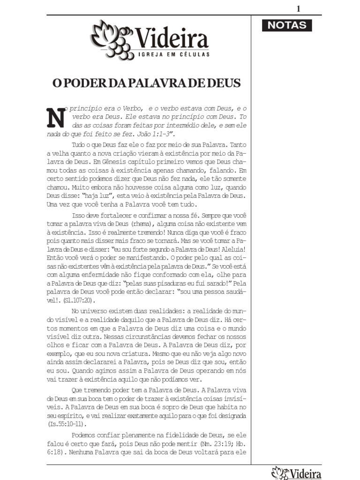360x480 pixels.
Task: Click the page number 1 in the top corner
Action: pyautogui.click(x=298, y=9)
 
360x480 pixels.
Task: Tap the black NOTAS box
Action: pyautogui.click(x=287, y=25)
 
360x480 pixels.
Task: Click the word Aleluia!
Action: pyautogui.click(x=232, y=249)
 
